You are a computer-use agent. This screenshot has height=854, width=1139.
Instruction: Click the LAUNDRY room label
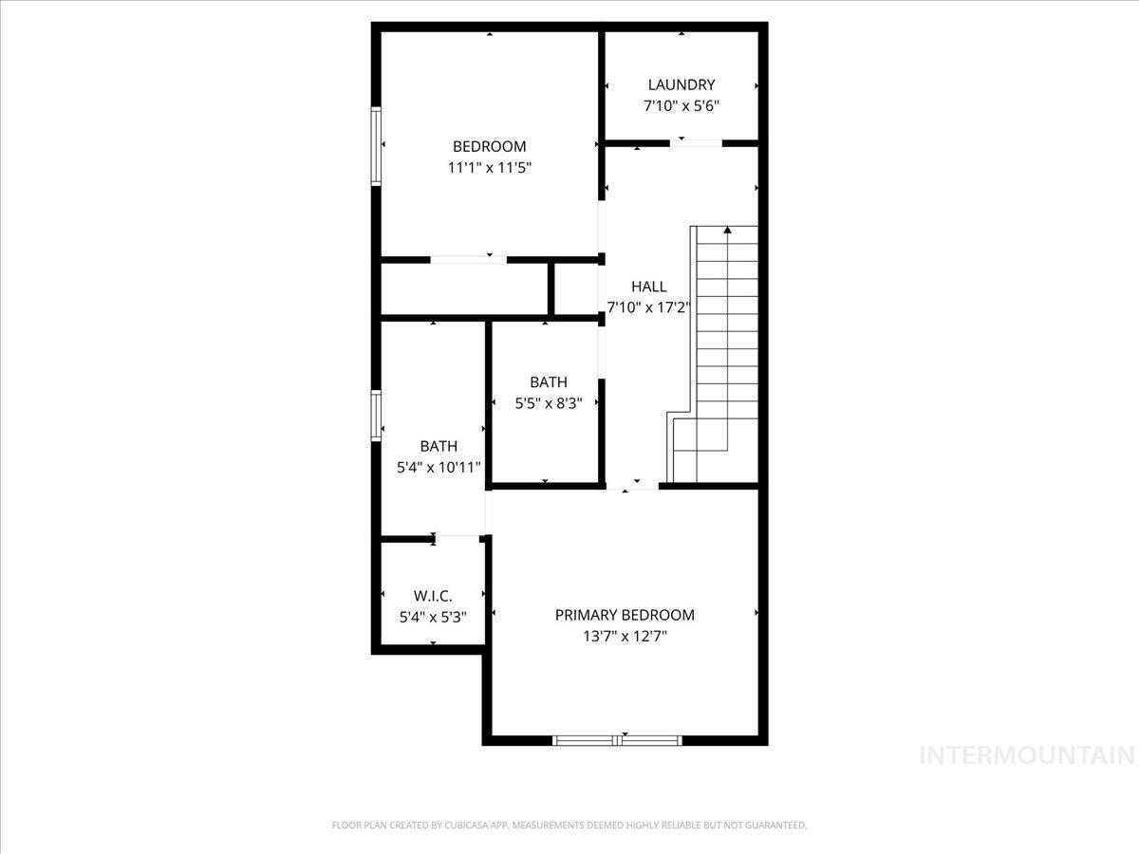[682, 84]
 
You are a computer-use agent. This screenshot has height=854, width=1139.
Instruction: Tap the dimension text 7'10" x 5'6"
[682, 106]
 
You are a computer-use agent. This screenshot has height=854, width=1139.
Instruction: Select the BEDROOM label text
[490, 147]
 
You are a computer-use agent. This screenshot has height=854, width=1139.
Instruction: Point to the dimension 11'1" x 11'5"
[490, 168]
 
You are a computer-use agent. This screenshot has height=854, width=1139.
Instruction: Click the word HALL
[648, 287]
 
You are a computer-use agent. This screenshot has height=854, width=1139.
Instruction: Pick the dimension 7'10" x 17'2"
[648, 308]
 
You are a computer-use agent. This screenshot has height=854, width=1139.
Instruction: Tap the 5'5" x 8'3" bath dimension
[549, 403]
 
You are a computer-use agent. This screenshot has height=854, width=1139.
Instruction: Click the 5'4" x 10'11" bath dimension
[439, 468]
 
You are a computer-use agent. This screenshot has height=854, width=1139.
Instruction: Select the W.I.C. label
[433, 596]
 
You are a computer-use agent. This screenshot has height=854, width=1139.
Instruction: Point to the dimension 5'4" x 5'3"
[433, 617]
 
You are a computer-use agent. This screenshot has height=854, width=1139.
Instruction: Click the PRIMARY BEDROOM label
[625, 615]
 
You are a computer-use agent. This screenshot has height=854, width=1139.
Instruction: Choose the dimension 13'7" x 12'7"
[625, 636]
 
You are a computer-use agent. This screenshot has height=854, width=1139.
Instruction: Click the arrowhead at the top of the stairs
[727, 230]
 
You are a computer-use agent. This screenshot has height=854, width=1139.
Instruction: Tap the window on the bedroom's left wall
[376, 146]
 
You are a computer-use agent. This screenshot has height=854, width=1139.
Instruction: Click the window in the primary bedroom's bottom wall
[617, 740]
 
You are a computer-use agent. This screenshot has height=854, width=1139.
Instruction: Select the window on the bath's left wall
[376, 416]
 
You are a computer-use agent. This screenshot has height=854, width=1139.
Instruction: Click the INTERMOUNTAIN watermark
[1027, 755]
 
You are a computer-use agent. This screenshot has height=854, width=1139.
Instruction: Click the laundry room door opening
[696, 143]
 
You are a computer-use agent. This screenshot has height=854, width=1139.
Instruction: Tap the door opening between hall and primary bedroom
[632, 486]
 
